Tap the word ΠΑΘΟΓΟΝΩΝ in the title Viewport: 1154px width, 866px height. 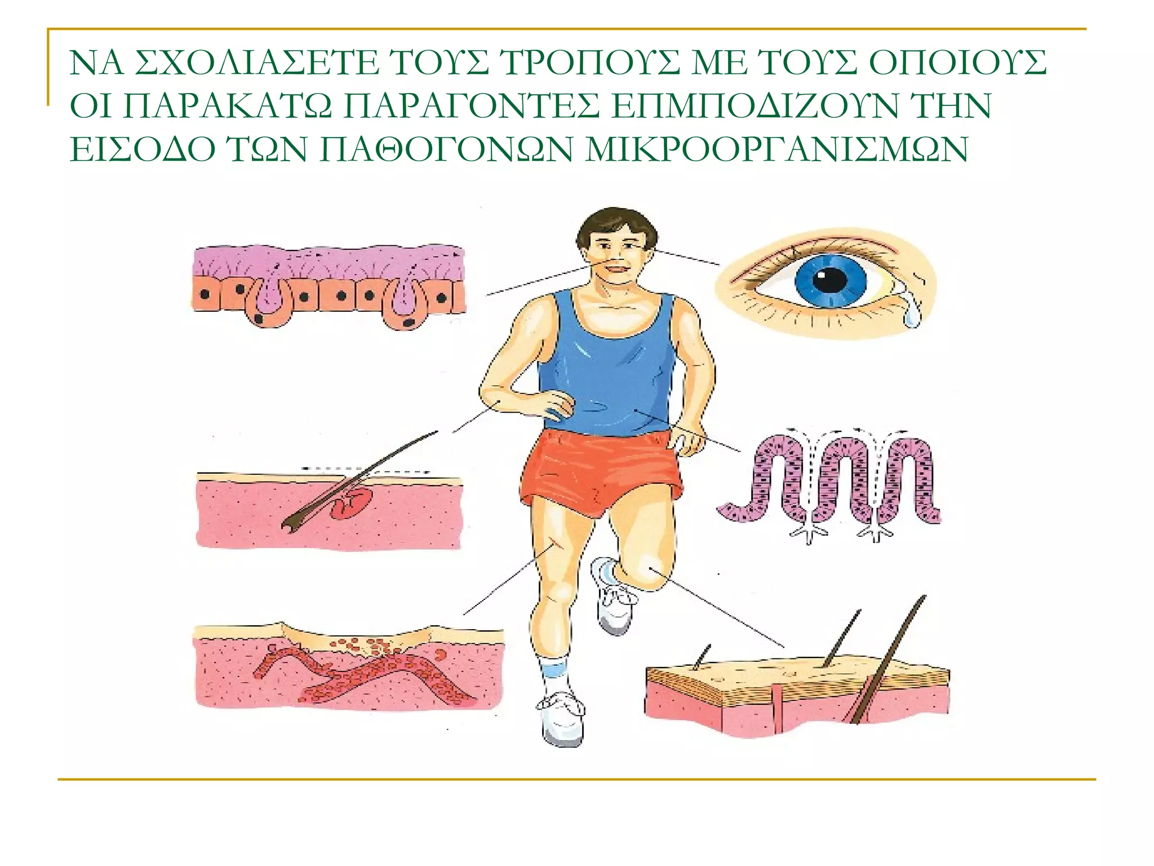445,149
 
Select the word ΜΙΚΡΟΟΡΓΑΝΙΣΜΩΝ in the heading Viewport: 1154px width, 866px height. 776,149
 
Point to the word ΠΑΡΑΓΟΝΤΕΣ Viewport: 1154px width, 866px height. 471,106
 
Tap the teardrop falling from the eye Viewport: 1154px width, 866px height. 911,315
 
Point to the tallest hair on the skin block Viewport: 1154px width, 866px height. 890,660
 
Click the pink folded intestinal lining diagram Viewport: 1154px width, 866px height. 828,479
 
